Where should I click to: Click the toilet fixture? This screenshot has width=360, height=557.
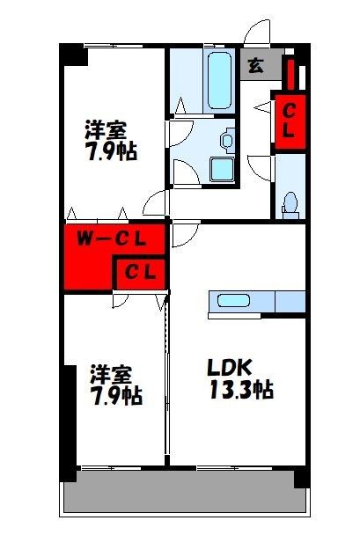point(290,204)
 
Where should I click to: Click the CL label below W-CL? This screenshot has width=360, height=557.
point(139,272)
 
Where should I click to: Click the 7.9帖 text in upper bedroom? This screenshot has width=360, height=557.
point(110,150)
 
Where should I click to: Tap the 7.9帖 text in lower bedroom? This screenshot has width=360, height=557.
point(115,395)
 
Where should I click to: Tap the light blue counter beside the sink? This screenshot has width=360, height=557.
point(289,301)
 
